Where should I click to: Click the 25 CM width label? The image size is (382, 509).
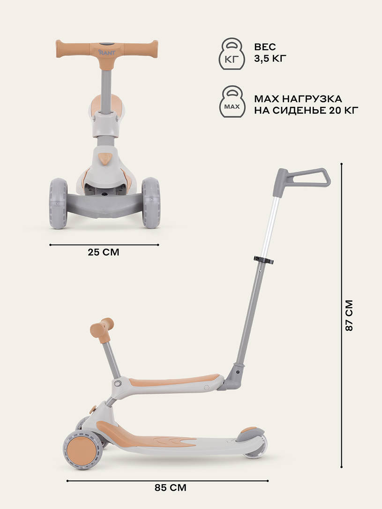[104, 252]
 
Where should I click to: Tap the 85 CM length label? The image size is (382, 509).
[171, 488]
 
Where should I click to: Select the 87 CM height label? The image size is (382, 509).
[349, 315]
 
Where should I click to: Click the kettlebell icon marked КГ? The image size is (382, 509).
[232, 53]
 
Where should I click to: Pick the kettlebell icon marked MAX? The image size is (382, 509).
[232, 101]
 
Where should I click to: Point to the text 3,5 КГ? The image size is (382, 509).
[270, 59]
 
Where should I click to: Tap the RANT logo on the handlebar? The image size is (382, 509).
[107, 52]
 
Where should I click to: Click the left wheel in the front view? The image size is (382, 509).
[58, 203]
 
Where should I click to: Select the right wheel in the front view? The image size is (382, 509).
[151, 202]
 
